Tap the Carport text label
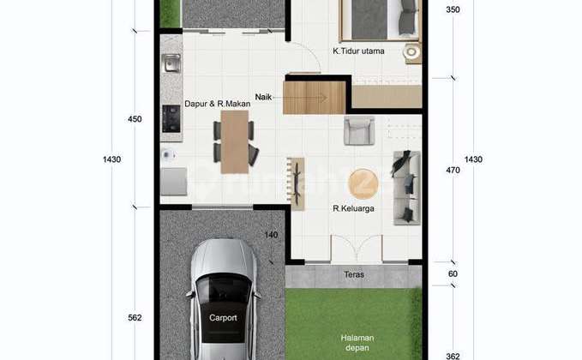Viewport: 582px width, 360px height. (222, 316)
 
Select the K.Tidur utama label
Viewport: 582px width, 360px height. (358, 51)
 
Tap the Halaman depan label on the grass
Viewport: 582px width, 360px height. (353, 341)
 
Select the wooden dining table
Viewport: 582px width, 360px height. (232, 140)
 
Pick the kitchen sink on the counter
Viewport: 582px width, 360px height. (170, 63)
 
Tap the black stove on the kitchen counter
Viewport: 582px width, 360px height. (171, 119)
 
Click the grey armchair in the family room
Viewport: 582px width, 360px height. (358, 130)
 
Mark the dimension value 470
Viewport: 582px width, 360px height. (453, 171)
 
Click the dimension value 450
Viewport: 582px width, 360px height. (135, 119)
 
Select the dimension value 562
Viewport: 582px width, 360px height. (135, 318)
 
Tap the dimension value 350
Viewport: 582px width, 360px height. (453, 10)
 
